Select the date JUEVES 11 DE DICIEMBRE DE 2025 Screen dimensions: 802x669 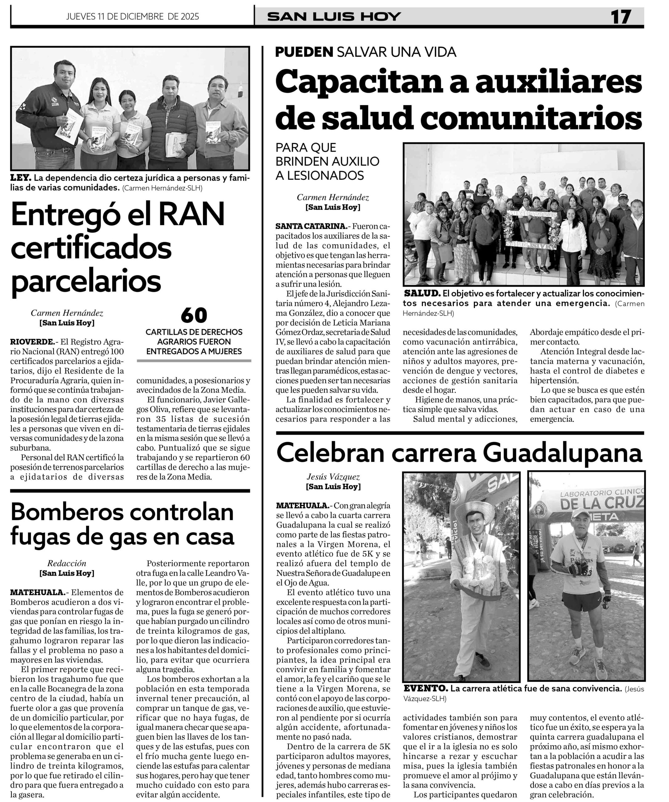click(132, 16)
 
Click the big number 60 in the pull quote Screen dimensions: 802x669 click(194, 315)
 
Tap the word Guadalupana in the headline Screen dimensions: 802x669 click(562, 453)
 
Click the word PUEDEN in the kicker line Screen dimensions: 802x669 click(304, 52)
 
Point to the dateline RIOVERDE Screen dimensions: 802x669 click(33, 341)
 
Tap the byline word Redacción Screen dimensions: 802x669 click(67, 563)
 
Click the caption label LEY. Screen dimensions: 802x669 click(20, 178)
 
